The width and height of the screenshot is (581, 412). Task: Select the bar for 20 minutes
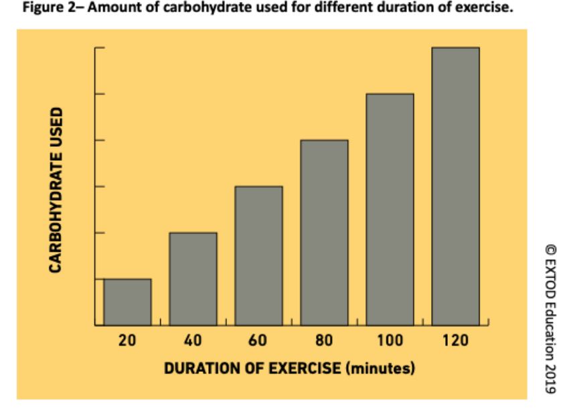(x=127, y=302)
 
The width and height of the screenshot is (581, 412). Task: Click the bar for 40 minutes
(x=193, y=279)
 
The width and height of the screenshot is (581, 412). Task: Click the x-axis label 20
(x=127, y=340)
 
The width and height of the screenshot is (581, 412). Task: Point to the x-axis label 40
(x=193, y=340)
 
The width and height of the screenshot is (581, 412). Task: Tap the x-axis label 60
(x=258, y=340)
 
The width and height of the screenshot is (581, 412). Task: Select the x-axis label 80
(x=324, y=340)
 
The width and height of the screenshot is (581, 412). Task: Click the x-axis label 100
(x=390, y=340)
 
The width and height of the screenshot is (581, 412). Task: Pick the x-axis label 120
(x=455, y=340)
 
